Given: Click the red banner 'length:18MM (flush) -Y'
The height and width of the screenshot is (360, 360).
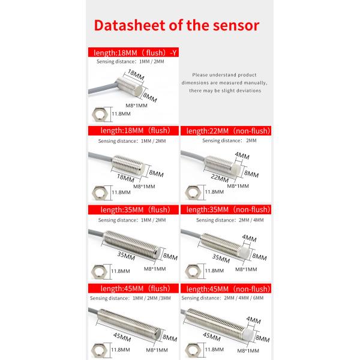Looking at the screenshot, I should coord(133,52).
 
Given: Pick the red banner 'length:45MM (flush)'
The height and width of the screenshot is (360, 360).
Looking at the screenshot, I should coord(133,289).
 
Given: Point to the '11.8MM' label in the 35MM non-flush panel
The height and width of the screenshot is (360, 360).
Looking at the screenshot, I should coord(215,271).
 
